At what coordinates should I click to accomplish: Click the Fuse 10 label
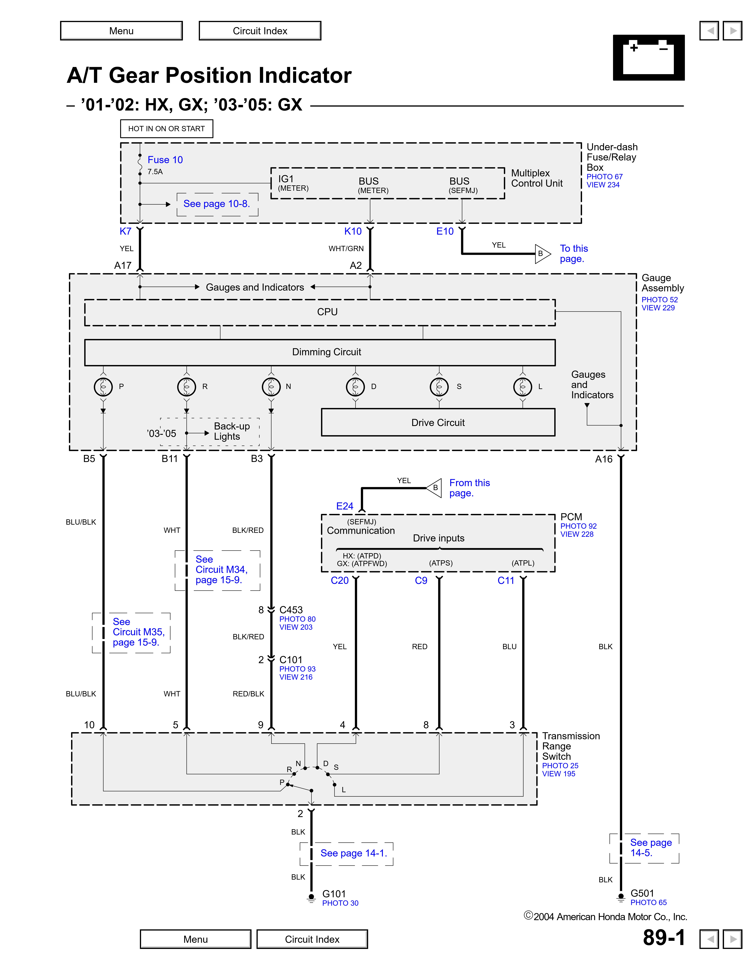pos(165,160)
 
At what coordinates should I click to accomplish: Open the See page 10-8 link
pos(217,204)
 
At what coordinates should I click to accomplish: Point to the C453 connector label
pos(291,610)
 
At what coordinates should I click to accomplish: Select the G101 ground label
pos(334,894)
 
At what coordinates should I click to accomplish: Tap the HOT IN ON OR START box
pos(166,128)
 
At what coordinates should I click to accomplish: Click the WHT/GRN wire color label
pos(346,248)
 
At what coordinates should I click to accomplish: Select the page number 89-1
pos(664,938)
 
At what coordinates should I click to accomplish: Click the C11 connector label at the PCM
pos(506,581)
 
